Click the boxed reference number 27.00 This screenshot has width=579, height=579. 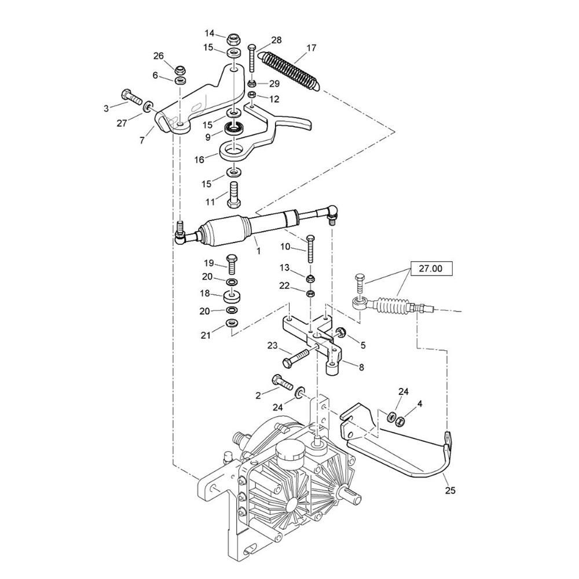click(431, 269)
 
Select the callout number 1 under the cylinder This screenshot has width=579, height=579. click(258, 251)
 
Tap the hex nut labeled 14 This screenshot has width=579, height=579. click(232, 38)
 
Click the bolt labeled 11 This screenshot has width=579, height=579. click(234, 195)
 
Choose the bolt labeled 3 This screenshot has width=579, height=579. click(131, 96)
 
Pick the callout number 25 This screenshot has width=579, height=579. click(450, 490)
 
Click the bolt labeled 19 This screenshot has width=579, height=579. click(232, 264)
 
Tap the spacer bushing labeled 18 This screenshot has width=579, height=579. click(232, 296)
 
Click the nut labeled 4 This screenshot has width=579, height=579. click(399, 421)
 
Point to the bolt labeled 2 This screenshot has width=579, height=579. click(282, 382)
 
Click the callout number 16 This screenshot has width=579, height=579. click(199, 160)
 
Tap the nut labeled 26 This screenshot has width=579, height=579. click(180, 69)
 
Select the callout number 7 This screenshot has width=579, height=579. click(142, 140)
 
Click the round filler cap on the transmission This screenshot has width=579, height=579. click(289, 449)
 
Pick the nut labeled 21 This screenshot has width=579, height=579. click(231, 324)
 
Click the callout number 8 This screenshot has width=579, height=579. click(361, 367)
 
